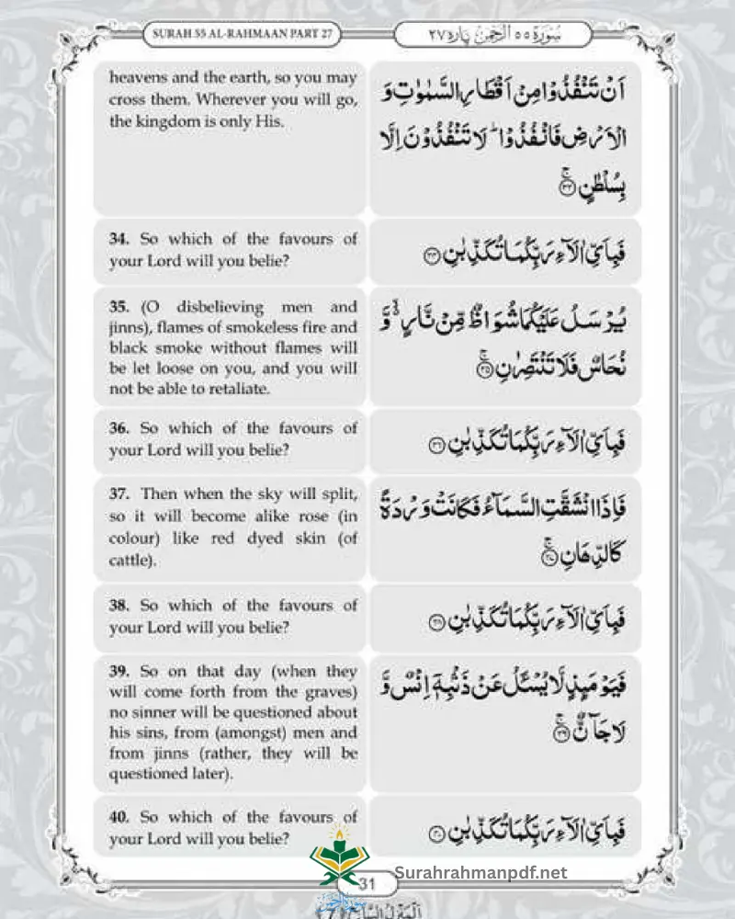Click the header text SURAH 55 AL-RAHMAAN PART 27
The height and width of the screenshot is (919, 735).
tap(242, 35)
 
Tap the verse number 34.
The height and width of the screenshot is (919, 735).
tap(119, 240)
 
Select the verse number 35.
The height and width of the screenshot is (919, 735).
tap(119, 307)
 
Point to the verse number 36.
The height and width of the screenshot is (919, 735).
tap(119, 429)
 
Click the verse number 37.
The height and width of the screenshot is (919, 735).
tap(119, 495)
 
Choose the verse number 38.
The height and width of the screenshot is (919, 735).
tap(119, 607)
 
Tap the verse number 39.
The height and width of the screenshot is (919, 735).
tap(119, 672)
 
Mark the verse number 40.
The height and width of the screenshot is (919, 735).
tap(119, 817)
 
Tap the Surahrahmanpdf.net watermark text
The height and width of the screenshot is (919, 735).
tap(481, 873)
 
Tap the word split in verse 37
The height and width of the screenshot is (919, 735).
tap(336, 495)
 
